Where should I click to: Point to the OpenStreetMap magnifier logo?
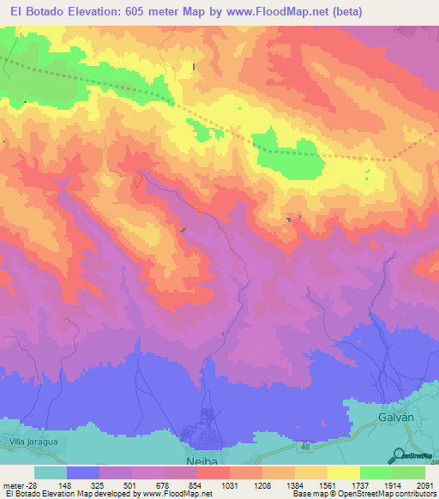[400, 454]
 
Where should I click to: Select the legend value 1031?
[230, 484]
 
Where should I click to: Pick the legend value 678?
[164, 484]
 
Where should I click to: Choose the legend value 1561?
[327, 484]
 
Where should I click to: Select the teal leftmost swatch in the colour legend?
[50, 472]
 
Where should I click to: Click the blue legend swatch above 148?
[82, 472]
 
